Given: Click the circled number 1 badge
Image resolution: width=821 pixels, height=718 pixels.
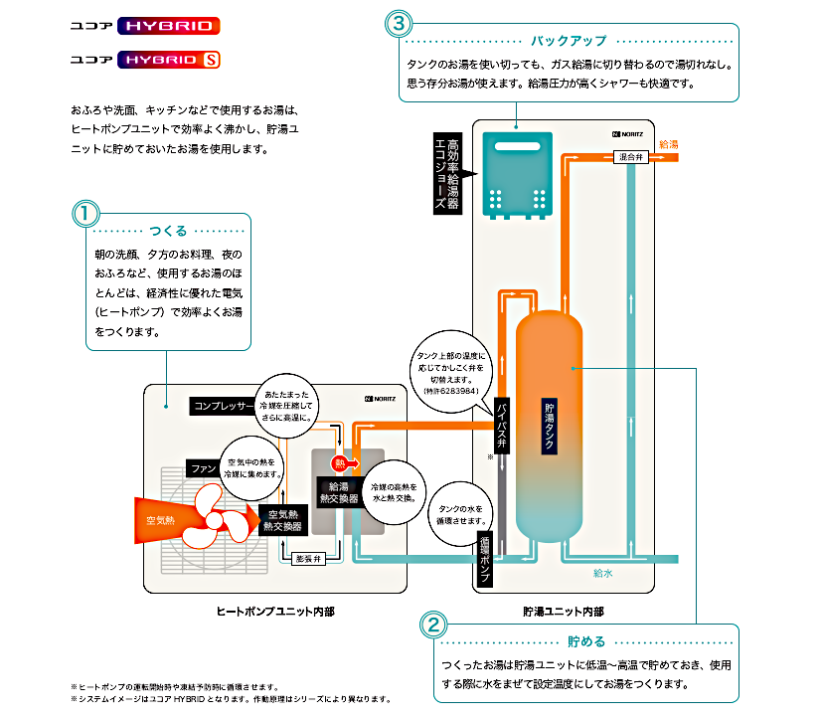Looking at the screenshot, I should pos(85,213).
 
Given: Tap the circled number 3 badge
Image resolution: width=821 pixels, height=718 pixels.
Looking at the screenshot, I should pos(399,22).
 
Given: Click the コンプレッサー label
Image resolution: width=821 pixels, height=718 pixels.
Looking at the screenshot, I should pos(224,406).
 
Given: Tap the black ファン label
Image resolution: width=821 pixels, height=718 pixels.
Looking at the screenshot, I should pos(202,466).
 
